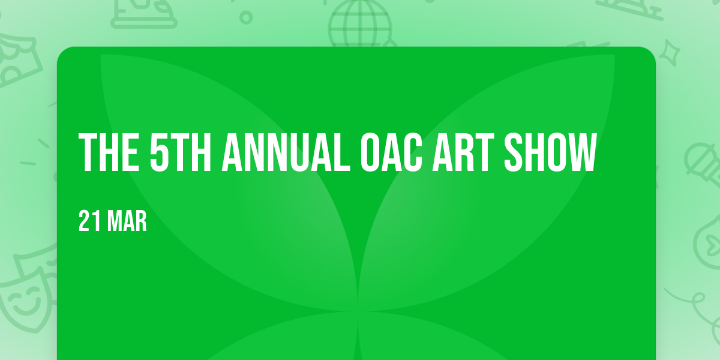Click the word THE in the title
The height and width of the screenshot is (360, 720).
click(x=109, y=152)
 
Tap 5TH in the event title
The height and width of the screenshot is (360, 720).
click(x=181, y=152)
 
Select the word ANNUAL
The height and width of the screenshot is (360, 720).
click(x=286, y=152)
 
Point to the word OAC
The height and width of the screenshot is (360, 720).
click(x=391, y=152)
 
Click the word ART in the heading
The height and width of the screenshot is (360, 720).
click(x=463, y=152)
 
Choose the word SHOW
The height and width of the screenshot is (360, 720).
click(x=551, y=152)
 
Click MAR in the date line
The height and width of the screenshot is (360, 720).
click(x=127, y=221)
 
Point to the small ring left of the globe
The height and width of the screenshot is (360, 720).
click(x=246, y=17)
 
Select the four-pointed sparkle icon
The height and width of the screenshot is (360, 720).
click(x=670, y=53)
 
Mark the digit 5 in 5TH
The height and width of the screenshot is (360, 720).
click(x=159, y=152)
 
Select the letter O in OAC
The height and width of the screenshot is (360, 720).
click(x=371, y=152)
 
